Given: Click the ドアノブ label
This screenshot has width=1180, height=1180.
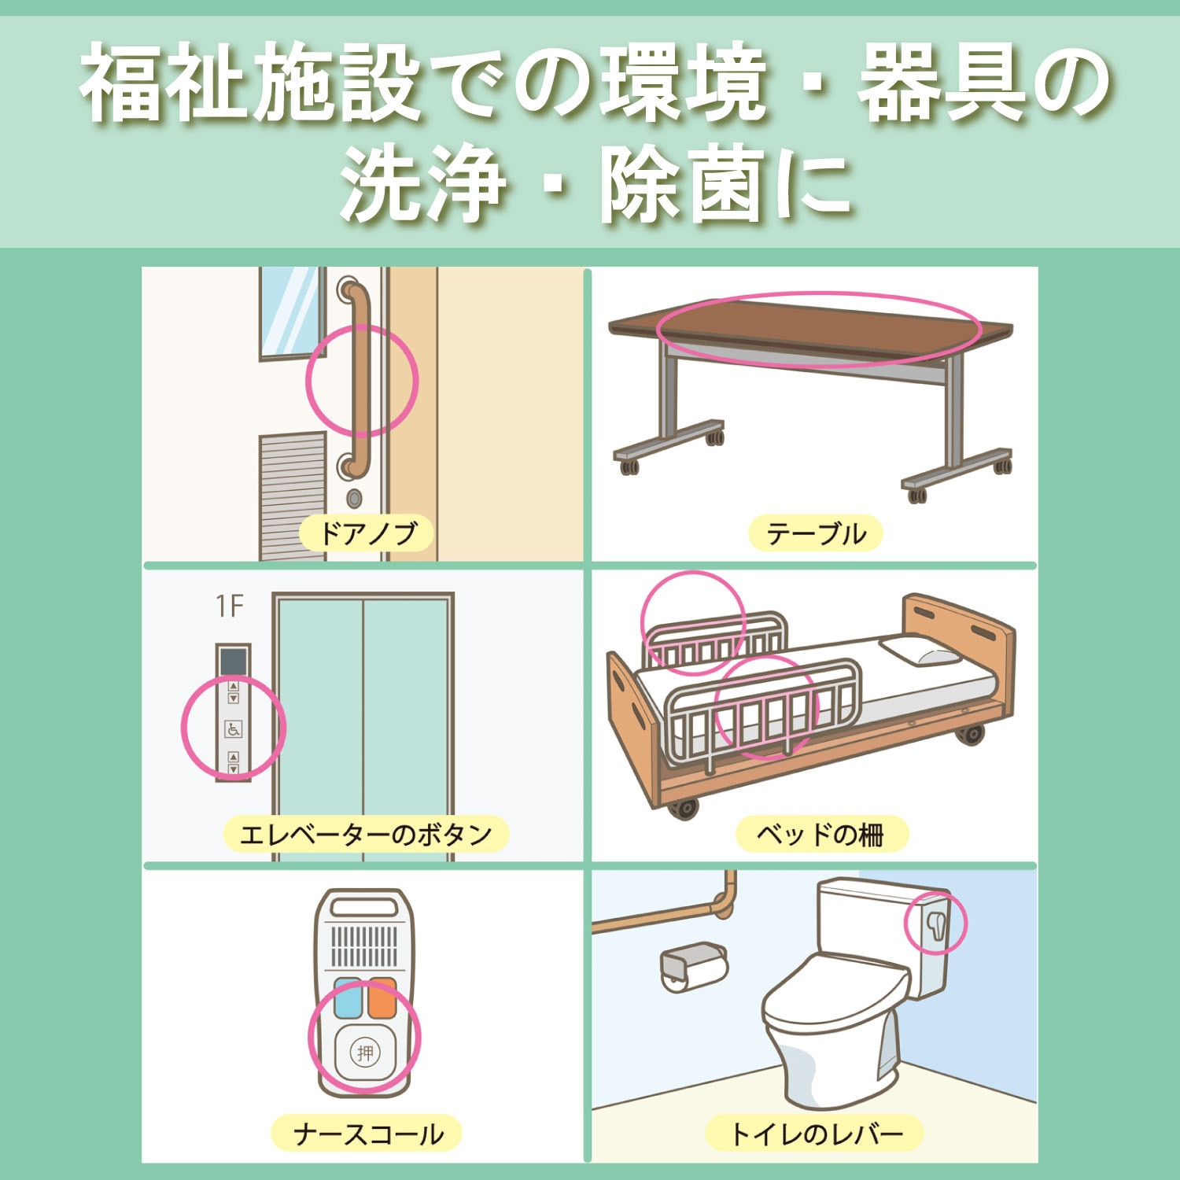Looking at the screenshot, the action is [367, 533].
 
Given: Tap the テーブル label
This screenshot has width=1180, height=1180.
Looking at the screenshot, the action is [815, 533].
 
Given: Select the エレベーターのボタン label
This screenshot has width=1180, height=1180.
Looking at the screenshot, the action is [365, 834].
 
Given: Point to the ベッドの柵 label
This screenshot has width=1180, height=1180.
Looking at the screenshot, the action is [820, 834].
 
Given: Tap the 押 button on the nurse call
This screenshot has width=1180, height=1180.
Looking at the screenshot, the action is [364, 1053].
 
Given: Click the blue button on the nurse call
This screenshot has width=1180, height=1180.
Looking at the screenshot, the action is [348, 997].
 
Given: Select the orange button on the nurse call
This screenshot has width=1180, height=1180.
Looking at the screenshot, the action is [382, 997].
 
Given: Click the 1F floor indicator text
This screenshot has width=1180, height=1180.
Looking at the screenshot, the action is [230, 607].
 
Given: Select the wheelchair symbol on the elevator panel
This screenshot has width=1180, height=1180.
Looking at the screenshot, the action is [233, 729].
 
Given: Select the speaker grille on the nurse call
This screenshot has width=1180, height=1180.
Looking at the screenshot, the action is [364, 947].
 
